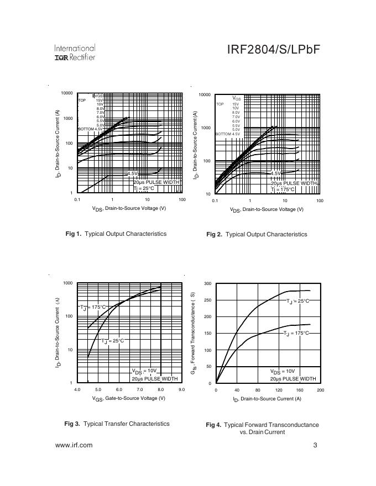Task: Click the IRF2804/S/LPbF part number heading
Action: [273, 50]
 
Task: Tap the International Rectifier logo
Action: [75, 53]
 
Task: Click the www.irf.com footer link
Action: [74, 445]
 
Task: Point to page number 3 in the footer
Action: [315, 445]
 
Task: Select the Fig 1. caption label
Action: [74, 234]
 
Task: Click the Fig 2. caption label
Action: [214, 234]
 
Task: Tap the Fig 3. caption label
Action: [72, 424]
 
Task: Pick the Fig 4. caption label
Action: [213, 425]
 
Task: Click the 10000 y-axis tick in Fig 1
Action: [67, 93]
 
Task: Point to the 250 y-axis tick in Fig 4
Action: [208, 300]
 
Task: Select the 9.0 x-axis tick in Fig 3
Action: [181, 390]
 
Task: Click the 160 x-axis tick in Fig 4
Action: [300, 390]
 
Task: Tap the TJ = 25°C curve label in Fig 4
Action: [298, 301]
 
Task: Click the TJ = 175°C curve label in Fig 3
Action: [93, 307]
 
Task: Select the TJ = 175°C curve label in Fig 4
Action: [296, 334]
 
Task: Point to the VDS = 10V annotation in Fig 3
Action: [144, 371]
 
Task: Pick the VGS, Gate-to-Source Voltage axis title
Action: [128, 399]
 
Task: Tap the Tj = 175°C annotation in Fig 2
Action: [283, 189]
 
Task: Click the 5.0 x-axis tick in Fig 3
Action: [98, 390]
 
